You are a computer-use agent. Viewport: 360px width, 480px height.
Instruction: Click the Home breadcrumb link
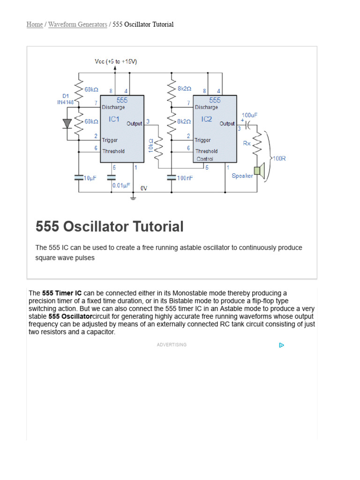[35, 24]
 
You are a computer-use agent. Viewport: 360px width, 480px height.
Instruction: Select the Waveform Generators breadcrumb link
[77, 24]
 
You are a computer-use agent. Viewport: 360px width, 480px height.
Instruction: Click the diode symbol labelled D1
[67, 123]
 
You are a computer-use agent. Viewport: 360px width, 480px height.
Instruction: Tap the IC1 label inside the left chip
[114, 120]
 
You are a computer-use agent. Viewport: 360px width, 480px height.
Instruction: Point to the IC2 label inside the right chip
[207, 120]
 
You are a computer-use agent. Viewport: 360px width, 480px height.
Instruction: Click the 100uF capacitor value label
[249, 115]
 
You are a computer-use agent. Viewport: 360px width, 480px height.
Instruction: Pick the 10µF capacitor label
[90, 178]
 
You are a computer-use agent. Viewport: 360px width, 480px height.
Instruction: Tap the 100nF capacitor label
[185, 178]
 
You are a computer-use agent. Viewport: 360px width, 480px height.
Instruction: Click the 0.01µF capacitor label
[121, 186]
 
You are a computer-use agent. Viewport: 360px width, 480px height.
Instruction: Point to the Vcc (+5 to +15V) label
[116, 61]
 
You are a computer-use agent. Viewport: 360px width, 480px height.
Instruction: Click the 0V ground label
[144, 188]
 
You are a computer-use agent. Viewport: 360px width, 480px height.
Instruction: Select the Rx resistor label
[247, 143]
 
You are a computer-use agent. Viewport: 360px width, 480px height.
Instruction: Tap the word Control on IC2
[205, 159]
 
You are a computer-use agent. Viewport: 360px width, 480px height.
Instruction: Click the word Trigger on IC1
[110, 140]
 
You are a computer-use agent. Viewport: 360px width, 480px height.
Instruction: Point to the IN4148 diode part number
[66, 102]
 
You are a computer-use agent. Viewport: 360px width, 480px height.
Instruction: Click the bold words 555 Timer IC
[62, 293]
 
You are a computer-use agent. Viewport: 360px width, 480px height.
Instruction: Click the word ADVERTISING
[172, 345]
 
